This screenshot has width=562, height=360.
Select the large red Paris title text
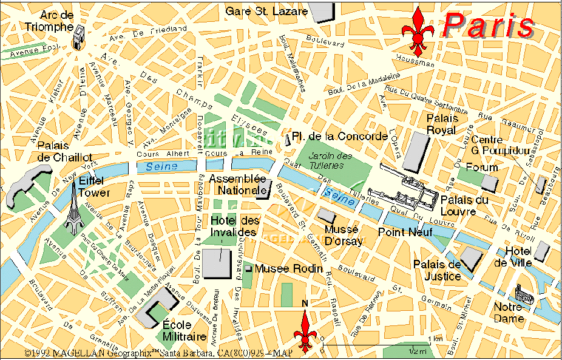(488, 25)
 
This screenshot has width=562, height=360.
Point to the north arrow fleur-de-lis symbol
(305, 331)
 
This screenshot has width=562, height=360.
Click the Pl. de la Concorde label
(340, 136)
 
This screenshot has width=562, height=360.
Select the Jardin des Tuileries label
(330, 160)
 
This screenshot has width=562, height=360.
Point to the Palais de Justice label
(437, 270)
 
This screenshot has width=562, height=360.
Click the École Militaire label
(185, 331)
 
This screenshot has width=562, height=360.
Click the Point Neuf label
(401, 232)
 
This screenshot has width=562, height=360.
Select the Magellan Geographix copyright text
(158, 353)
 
